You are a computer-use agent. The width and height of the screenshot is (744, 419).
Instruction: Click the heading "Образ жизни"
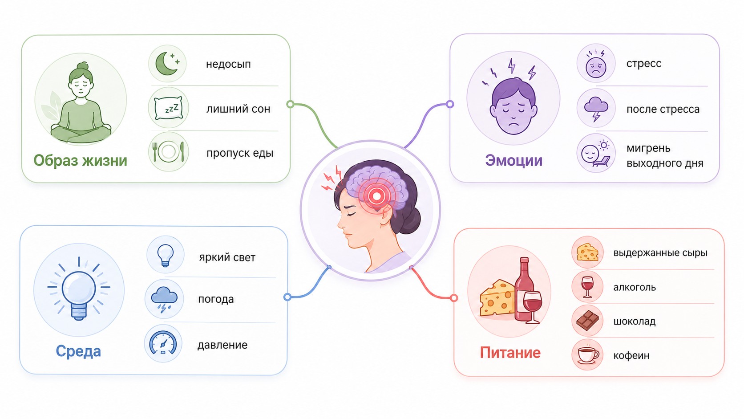point(81,160)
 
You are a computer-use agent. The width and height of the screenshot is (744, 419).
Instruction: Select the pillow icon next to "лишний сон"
point(168,108)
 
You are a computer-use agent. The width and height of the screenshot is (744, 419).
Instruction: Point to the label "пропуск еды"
point(240,153)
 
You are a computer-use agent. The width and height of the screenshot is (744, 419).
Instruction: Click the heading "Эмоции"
point(514,160)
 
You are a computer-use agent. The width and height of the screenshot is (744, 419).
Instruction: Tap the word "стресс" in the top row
point(644,63)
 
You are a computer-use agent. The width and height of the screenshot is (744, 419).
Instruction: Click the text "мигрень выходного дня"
point(665,155)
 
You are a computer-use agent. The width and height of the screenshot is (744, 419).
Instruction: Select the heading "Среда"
point(78,351)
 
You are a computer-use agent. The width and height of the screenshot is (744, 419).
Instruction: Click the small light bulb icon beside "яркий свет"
point(166,255)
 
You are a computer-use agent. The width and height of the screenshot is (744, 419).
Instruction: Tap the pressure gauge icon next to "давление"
point(163,343)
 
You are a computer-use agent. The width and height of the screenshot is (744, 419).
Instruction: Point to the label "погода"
point(216,299)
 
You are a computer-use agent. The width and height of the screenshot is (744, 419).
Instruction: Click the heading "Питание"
point(510,353)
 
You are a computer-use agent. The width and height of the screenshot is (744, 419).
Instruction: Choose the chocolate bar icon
point(587,320)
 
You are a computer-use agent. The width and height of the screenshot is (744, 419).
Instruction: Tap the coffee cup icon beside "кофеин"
point(588,354)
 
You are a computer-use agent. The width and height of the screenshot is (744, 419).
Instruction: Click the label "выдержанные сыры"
point(660,252)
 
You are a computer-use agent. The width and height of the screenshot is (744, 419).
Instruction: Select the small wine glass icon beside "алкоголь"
point(587,287)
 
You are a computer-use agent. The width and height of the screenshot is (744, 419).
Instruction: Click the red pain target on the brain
point(376,196)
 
